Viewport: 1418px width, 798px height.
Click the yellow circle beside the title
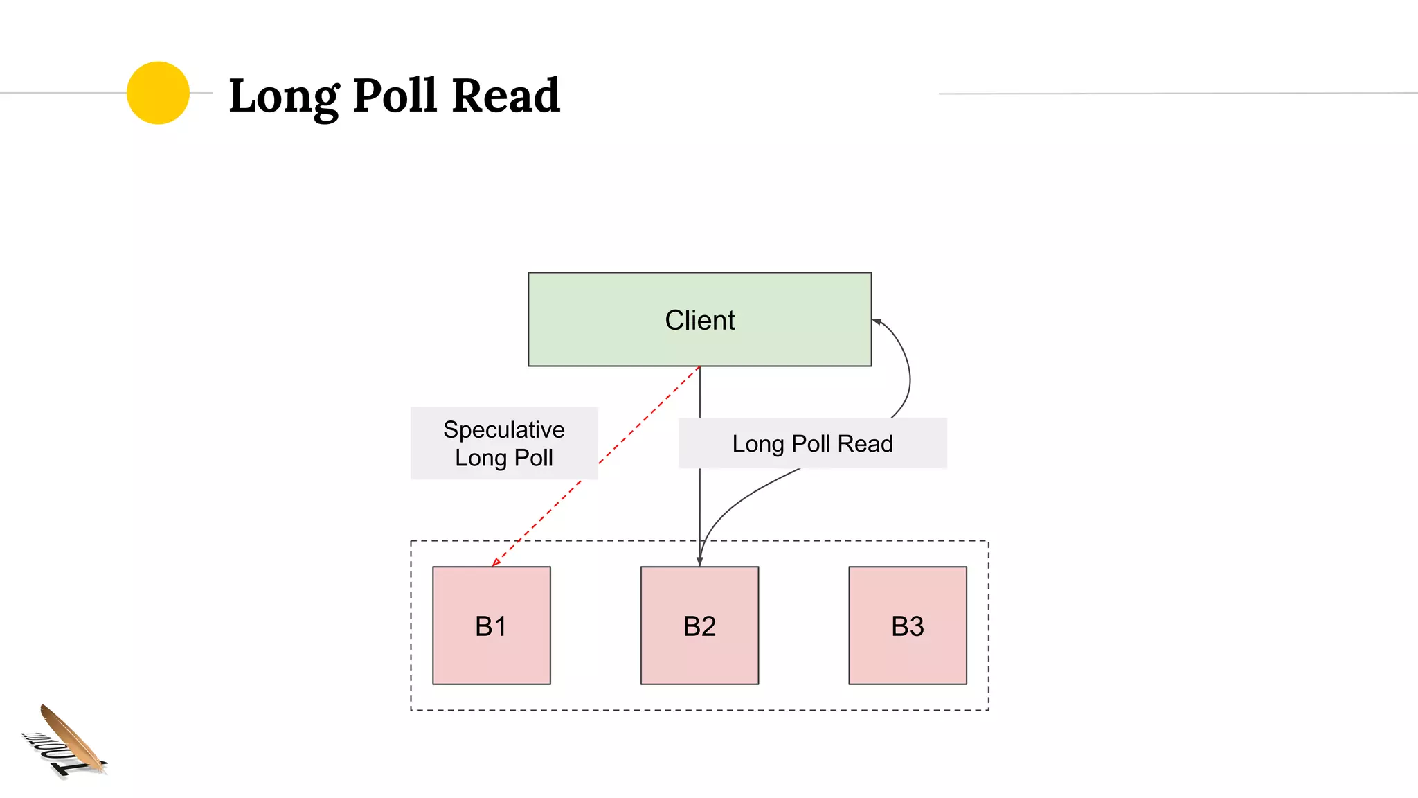(x=158, y=93)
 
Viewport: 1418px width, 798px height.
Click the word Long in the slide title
(x=283, y=96)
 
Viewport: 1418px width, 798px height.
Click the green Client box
(x=609, y=343)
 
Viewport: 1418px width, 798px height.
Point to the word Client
(x=699, y=320)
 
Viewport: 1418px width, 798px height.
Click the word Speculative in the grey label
(x=503, y=429)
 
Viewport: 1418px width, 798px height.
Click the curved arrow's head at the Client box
(x=877, y=321)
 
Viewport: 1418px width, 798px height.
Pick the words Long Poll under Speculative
(x=503, y=458)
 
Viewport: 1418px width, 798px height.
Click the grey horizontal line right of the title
(x=1177, y=93)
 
